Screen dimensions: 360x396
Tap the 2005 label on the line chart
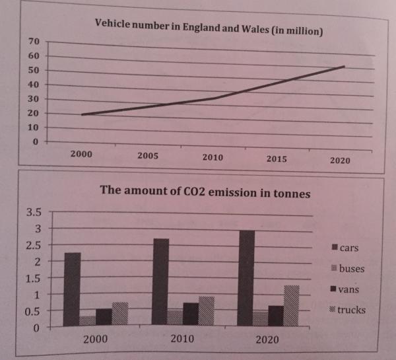(147, 157)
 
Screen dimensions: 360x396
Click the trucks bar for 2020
(292, 305)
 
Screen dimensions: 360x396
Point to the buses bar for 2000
(87, 320)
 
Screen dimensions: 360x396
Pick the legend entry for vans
(350, 289)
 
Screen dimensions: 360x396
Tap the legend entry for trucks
(354, 310)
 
